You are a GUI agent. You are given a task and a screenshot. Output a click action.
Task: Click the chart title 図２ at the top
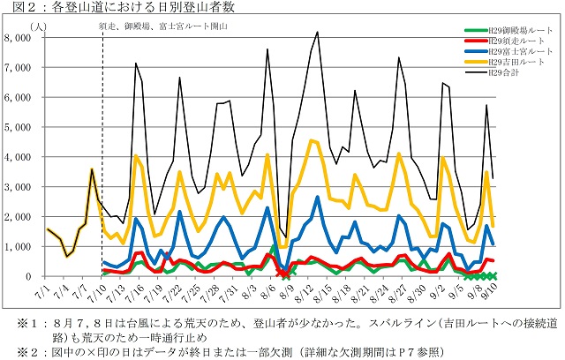(x=19, y=9)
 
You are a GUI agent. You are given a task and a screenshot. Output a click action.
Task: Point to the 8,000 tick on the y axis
(x=19, y=38)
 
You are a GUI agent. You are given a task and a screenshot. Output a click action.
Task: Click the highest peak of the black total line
(x=317, y=33)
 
